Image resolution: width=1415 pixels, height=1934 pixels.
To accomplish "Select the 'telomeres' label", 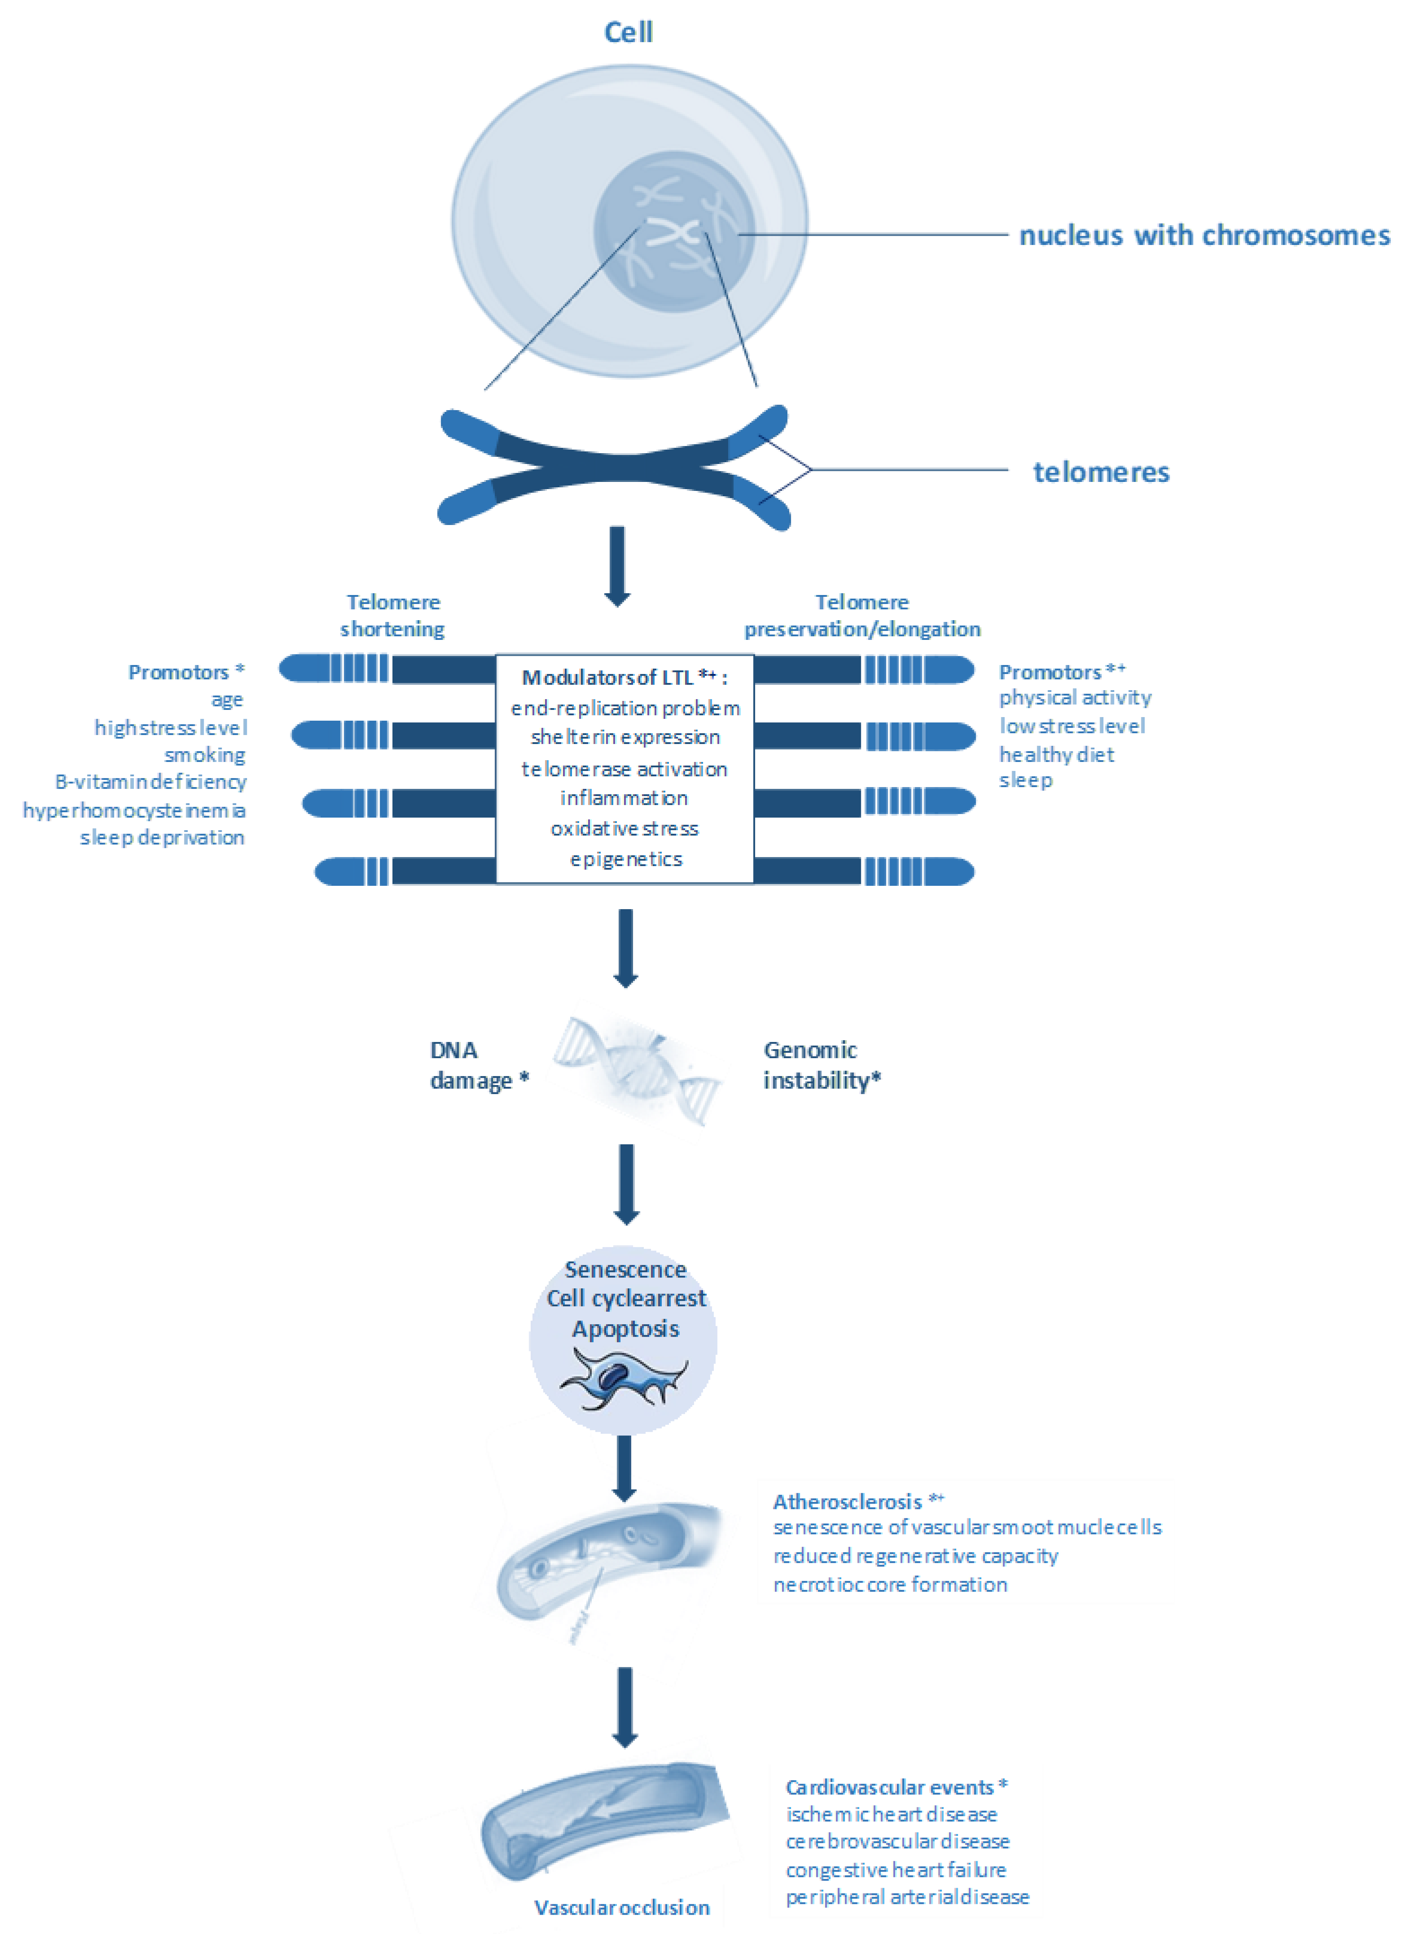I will tap(1101, 472).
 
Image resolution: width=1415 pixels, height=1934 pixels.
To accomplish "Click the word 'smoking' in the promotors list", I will tap(205, 755).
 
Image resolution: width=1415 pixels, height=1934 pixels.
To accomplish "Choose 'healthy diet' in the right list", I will tap(1056, 755).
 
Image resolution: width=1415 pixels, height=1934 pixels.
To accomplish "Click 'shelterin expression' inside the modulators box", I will tap(625, 737).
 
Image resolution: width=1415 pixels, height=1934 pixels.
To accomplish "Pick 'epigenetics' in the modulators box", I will tap(626, 859).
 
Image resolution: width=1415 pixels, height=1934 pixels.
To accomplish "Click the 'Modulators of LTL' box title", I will tap(625, 678).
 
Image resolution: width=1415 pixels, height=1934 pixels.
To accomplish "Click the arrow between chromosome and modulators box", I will tap(618, 565).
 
